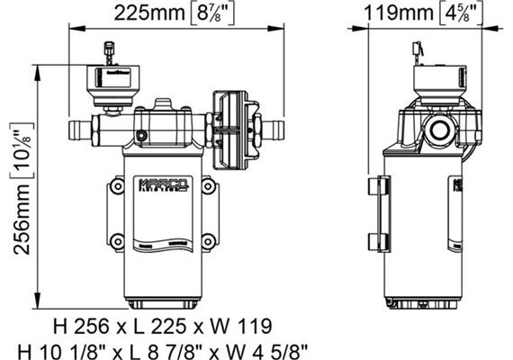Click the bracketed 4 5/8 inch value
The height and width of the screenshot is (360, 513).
pos(458,13)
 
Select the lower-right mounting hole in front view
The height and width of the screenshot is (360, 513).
pos(209,239)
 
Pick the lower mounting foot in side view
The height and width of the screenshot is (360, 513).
pos(378,242)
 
